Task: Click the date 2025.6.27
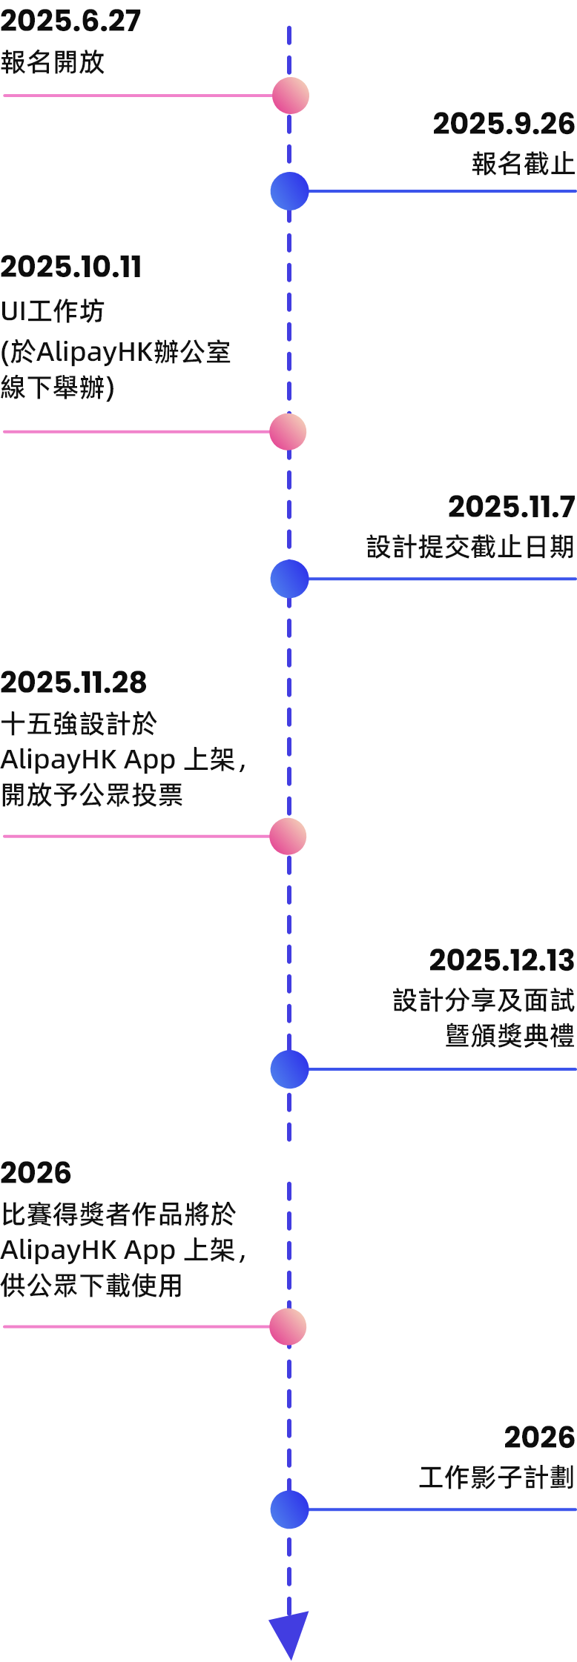click(70, 21)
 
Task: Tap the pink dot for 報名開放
click(290, 96)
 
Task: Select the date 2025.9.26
click(504, 124)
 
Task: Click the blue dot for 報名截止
click(289, 191)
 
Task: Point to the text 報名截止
click(523, 163)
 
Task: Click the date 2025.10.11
click(70, 267)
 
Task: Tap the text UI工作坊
click(52, 311)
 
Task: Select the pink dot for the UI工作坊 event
click(288, 431)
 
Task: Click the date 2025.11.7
click(511, 507)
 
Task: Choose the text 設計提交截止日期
click(470, 547)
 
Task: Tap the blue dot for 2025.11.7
click(289, 579)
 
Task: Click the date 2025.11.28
click(73, 682)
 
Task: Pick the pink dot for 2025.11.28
click(288, 837)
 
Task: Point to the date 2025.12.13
click(501, 960)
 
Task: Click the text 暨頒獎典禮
click(510, 1035)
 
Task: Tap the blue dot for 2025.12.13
click(289, 1069)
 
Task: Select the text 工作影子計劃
click(496, 1477)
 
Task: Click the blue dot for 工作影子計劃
click(289, 1509)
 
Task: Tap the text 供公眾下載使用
click(91, 1286)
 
